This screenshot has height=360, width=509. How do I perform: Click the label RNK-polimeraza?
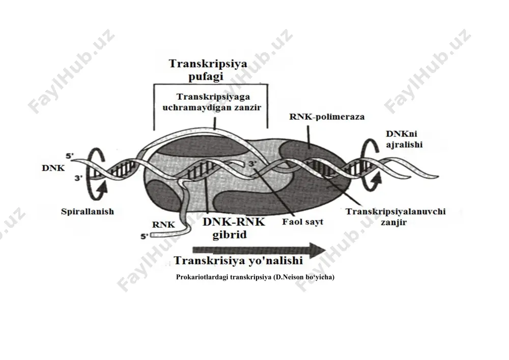pyautogui.click(x=327, y=117)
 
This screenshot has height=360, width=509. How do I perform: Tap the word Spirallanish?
pyautogui.click(x=88, y=212)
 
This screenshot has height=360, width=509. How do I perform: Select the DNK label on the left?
pyautogui.click(x=53, y=168)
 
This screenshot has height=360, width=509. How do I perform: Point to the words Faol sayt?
pyautogui.click(x=302, y=222)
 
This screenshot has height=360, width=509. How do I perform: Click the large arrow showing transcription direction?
pyautogui.click(x=259, y=250)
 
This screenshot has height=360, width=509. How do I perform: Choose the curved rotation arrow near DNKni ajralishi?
pyautogui.click(x=370, y=165)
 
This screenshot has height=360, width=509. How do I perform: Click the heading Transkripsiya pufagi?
pyautogui.click(x=208, y=69)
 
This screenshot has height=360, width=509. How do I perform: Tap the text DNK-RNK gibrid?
pyautogui.click(x=234, y=228)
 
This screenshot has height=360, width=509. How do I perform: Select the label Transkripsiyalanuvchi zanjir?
pyautogui.click(x=395, y=217)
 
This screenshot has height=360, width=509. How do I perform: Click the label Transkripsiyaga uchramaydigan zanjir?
pyautogui.click(x=212, y=102)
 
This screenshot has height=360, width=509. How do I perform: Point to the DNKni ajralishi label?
pyautogui.click(x=404, y=139)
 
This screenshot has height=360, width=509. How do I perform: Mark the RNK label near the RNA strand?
pyautogui.click(x=163, y=225)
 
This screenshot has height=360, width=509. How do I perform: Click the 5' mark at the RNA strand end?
pyautogui.click(x=144, y=236)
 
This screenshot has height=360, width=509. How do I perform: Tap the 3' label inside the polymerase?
pyautogui.click(x=252, y=164)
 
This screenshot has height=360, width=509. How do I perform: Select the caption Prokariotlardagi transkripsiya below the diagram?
pyautogui.click(x=255, y=277)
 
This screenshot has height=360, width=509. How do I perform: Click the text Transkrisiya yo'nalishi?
pyautogui.click(x=238, y=261)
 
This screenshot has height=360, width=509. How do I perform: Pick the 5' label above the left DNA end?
pyautogui.click(x=70, y=156)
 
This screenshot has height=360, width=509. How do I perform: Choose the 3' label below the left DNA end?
pyautogui.click(x=78, y=178)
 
